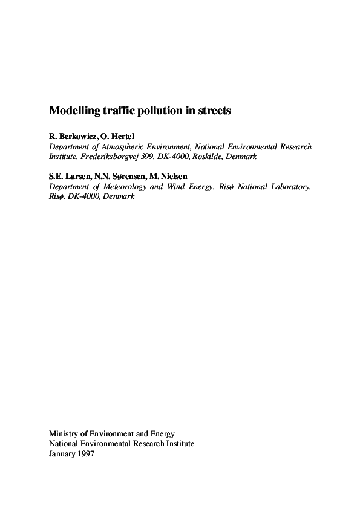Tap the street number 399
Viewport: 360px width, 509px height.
tap(149, 156)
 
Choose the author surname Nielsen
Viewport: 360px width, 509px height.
tap(171, 176)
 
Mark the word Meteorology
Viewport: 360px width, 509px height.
tap(124, 187)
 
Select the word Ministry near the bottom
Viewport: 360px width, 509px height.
tap(64, 434)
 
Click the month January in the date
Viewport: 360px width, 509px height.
tap(61, 453)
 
